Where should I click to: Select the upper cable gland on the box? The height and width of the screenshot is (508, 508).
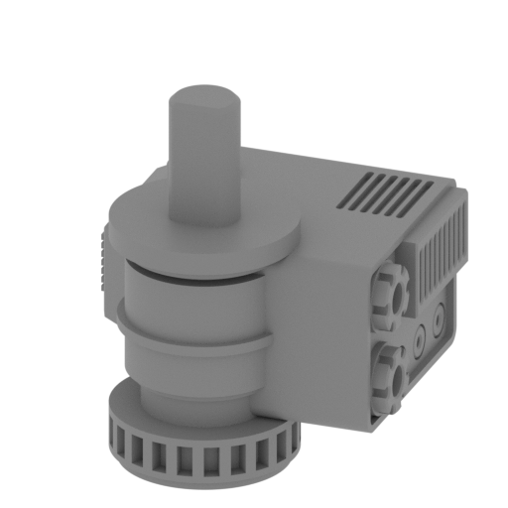pyautogui.click(x=389, y=295)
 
